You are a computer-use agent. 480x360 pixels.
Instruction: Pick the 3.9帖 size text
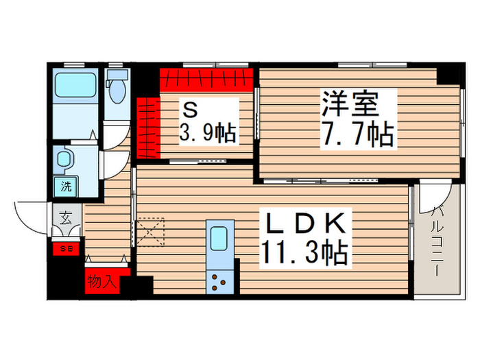coord(208,132)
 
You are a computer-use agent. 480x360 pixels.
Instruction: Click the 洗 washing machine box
coord(66,186)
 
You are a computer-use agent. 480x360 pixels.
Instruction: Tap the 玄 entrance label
coord(65,219)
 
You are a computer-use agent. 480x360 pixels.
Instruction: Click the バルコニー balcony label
coord(437,240)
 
